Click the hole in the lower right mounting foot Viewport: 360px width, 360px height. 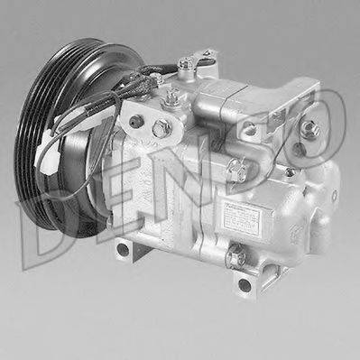pyautogui.click(x=245, y=284)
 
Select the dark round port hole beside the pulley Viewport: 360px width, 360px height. pyautogui.click(x=135, y=121)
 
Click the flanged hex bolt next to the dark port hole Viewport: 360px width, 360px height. pyautogui.click(x=160, y=129)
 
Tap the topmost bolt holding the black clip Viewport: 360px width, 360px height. pyautogui.click(x=185, y=63)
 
